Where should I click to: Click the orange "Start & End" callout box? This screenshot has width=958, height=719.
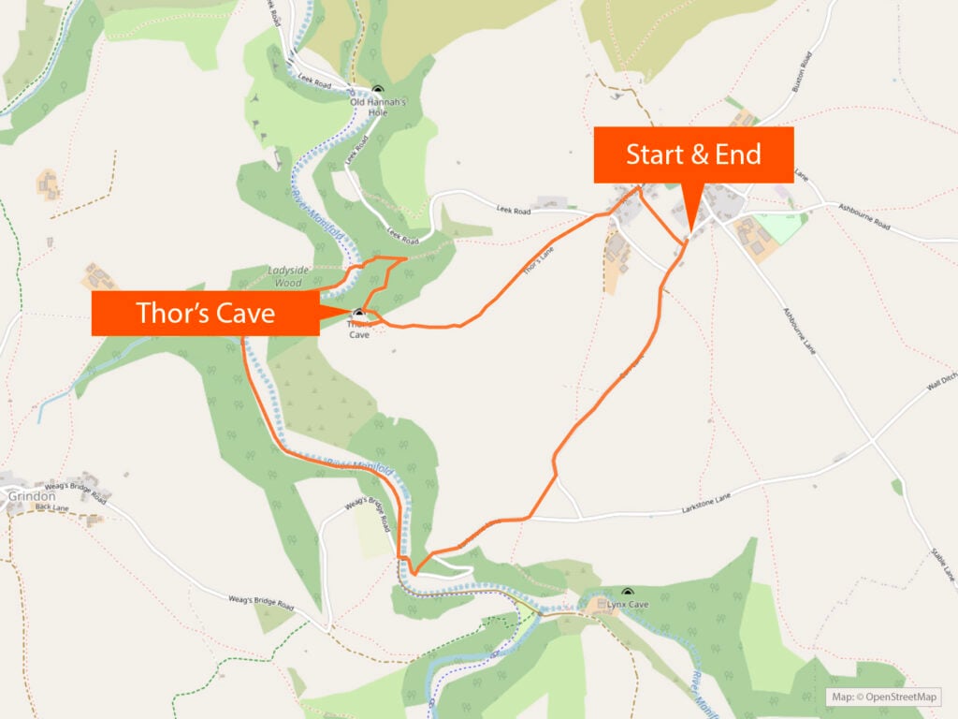(693, 154)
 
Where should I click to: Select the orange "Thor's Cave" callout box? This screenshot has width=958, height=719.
(206, 313)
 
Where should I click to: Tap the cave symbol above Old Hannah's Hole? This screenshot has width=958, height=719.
(376, 90)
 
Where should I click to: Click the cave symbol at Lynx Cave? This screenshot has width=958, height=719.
(627, 592)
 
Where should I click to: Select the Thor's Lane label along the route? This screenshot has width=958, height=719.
(534, 267)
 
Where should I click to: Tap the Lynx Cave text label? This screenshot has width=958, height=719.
(627, 605)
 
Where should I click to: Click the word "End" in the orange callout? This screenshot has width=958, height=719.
(738, 154)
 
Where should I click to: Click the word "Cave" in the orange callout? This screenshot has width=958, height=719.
(245, 313)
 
